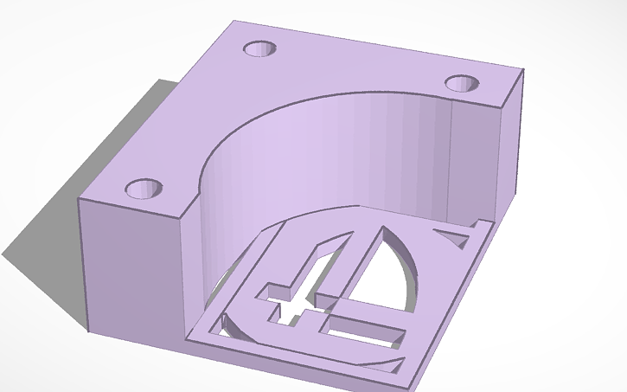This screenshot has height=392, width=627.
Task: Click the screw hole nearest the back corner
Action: click(259, 48)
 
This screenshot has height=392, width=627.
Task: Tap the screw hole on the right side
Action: click(462, 83)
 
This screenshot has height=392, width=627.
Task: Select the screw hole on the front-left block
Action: click(144, 188)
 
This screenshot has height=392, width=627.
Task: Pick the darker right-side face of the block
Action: click(510, 147)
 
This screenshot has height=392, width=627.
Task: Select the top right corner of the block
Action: click(523, 69)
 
